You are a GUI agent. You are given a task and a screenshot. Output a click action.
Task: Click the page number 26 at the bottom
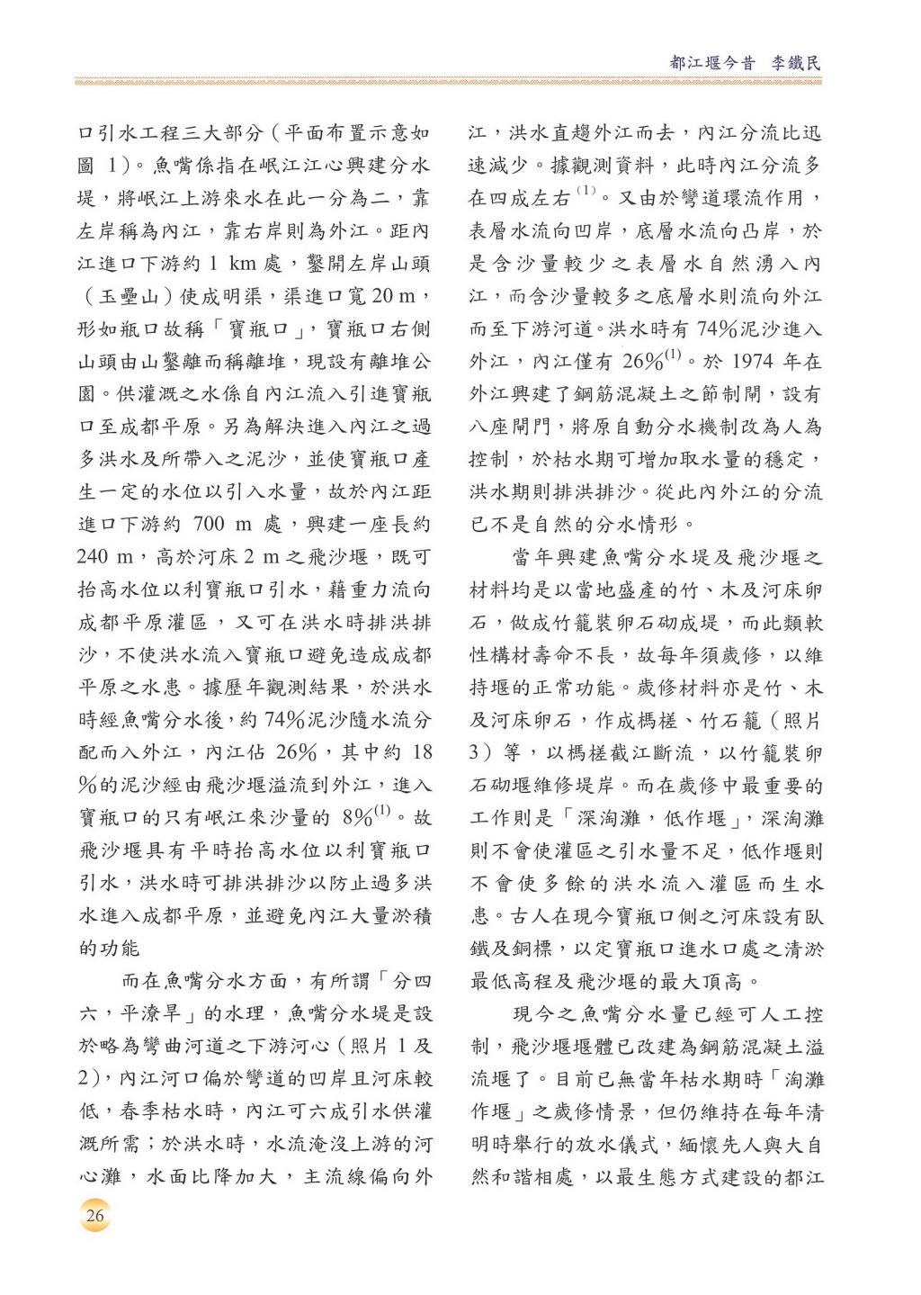[94, 1216]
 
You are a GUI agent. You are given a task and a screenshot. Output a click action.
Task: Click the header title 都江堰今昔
[712, 63]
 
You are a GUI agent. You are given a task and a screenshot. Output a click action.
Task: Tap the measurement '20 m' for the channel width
[394, 296]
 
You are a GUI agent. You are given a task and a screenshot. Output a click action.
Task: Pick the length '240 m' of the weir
[105, 557]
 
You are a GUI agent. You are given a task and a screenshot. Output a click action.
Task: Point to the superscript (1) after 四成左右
[586, 191]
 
